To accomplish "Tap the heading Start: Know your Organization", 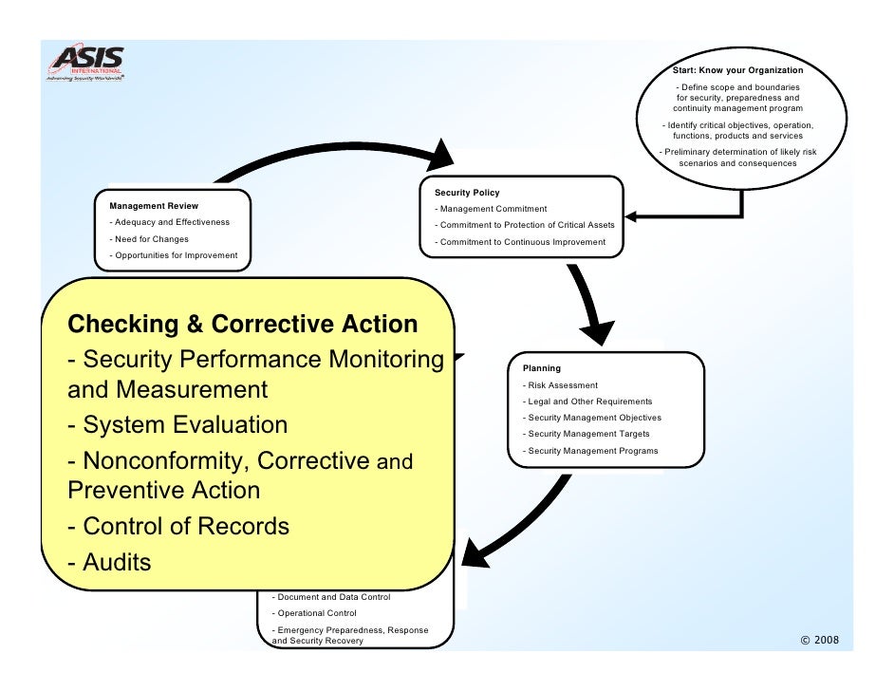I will point(737,70).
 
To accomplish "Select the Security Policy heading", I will point(467,193).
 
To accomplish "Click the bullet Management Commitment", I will point(491,209).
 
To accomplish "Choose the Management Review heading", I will point(154,205).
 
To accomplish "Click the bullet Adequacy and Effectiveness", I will point(170,222).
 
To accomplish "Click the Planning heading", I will point(541,368).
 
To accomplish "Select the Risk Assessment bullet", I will point(560,385).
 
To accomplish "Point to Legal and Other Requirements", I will point(587,402).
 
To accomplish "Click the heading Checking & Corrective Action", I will point(243,324).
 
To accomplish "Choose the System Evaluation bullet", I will point(177,424).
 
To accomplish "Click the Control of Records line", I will point(178,526).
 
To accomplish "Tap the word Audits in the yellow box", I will point(117,562).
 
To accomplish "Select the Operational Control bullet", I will point(314,613).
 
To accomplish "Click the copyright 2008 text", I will point(820,640).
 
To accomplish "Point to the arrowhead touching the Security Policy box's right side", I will point(634,217).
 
